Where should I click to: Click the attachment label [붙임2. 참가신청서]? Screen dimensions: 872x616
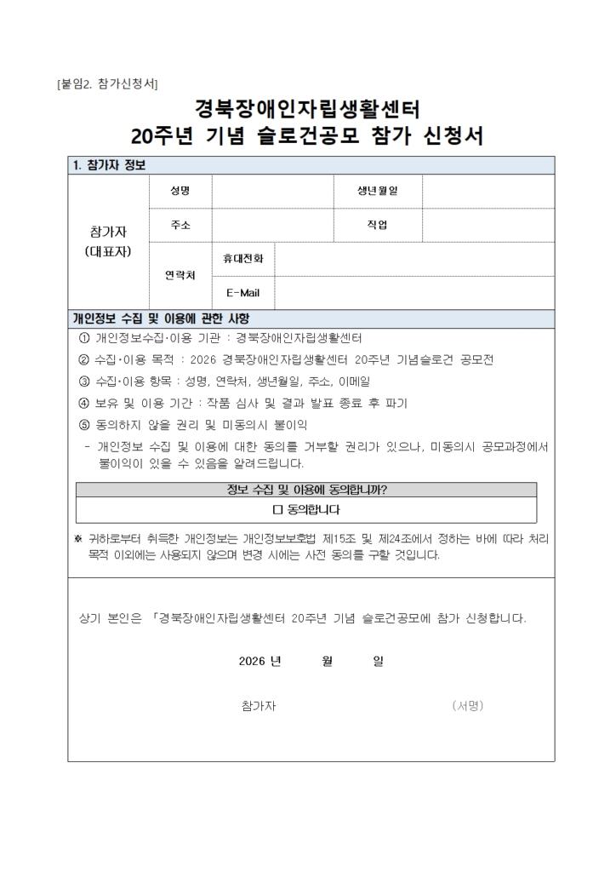(107, 83)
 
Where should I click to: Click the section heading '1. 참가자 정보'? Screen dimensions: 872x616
(110, 165)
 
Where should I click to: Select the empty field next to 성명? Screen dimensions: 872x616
(272, 192)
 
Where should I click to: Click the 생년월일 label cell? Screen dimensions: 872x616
(377, 192)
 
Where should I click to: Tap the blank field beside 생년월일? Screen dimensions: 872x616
(488, 192)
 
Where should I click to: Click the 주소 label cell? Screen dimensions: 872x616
(180, 225)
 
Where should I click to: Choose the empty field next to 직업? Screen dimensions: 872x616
(488, 225)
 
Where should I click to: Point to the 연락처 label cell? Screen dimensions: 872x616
(180, 276)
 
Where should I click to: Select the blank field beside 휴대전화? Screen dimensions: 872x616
(414, 259)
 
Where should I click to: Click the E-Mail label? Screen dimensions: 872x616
(242, 293)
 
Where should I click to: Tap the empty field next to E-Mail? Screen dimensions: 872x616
(414, 293)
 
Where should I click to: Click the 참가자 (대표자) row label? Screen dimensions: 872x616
(108, 242)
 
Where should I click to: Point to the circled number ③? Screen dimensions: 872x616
(83, 381)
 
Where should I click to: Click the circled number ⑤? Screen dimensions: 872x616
(83, 425)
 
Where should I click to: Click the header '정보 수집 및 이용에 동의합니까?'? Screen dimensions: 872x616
(306, 490)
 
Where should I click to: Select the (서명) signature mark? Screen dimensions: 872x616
(468, 706)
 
